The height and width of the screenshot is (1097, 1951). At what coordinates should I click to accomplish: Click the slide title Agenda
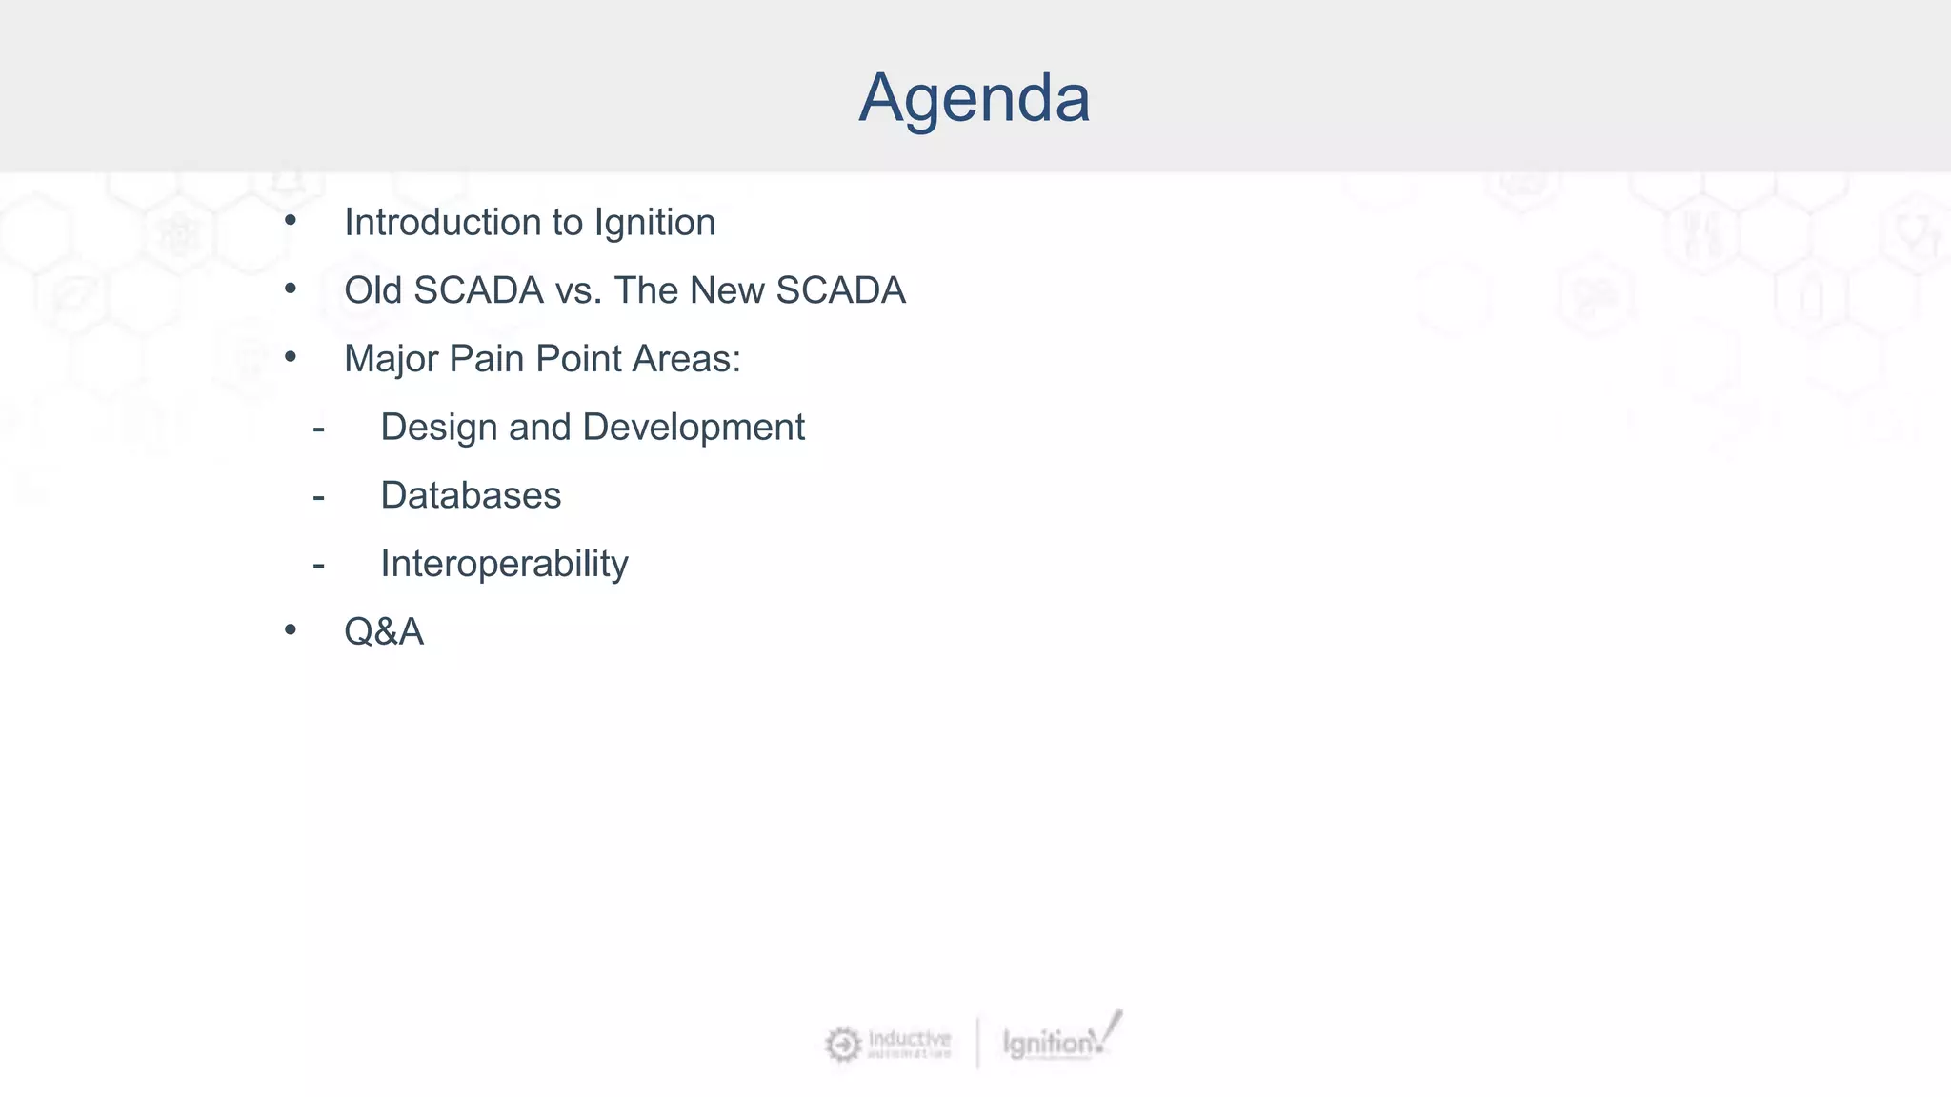[974, 98]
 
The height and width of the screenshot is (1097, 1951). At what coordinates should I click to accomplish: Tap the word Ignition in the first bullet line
[654, 223]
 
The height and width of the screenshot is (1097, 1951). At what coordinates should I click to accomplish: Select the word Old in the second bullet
[372, 290]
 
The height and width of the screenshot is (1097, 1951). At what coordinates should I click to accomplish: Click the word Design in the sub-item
[438, 428]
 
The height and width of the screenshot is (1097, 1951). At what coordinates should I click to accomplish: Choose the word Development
[694, 428]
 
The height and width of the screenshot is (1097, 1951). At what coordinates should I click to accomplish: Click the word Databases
[471, 496]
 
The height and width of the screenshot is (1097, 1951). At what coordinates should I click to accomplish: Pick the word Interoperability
[504, 564]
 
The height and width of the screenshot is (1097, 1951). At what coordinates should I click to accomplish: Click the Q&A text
[383, 632]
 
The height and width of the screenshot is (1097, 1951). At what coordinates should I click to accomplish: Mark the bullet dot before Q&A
[291, 629]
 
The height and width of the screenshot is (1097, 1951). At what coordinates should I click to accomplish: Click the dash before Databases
[318, 497]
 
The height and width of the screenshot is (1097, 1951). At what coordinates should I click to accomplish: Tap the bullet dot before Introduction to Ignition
[291, 220]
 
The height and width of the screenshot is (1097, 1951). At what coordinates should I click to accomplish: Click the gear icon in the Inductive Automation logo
[842, 1045]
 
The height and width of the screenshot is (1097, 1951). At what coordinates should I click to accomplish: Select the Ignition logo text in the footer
[1048, 1044]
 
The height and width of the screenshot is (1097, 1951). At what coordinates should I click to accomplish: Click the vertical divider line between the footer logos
[977, 1043]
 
